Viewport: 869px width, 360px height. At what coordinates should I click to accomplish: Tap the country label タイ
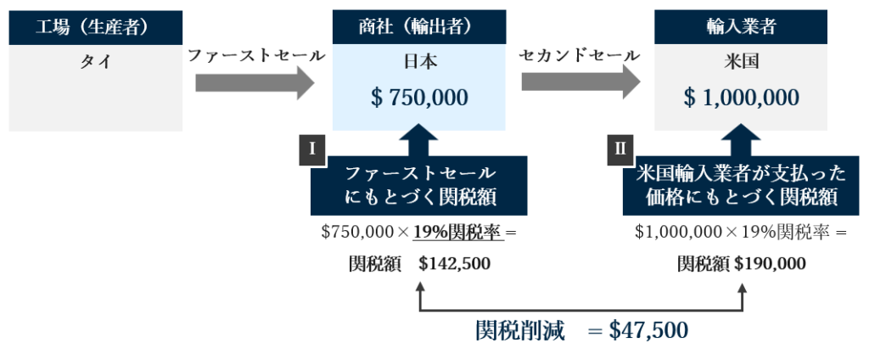point(95,63)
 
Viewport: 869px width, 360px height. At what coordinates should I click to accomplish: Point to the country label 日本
point(419,63)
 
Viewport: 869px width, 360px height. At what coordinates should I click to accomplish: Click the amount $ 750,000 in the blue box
point(419,98)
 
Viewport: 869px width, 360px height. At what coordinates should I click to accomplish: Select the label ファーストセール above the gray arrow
point(255,56)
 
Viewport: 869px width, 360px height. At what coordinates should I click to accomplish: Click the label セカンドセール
point(580,56)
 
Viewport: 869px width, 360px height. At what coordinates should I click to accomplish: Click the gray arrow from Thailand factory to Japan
point(254,82)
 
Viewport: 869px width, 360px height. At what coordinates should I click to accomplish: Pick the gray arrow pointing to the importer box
point(580,82)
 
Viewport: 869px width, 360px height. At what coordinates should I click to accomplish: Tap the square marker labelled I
point(312,149)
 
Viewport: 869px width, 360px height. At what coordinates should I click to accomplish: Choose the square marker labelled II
point(620,149)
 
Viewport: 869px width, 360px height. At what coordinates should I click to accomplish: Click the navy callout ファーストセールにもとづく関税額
point(419,186)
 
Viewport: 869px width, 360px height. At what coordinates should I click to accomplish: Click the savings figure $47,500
point(648,330)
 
